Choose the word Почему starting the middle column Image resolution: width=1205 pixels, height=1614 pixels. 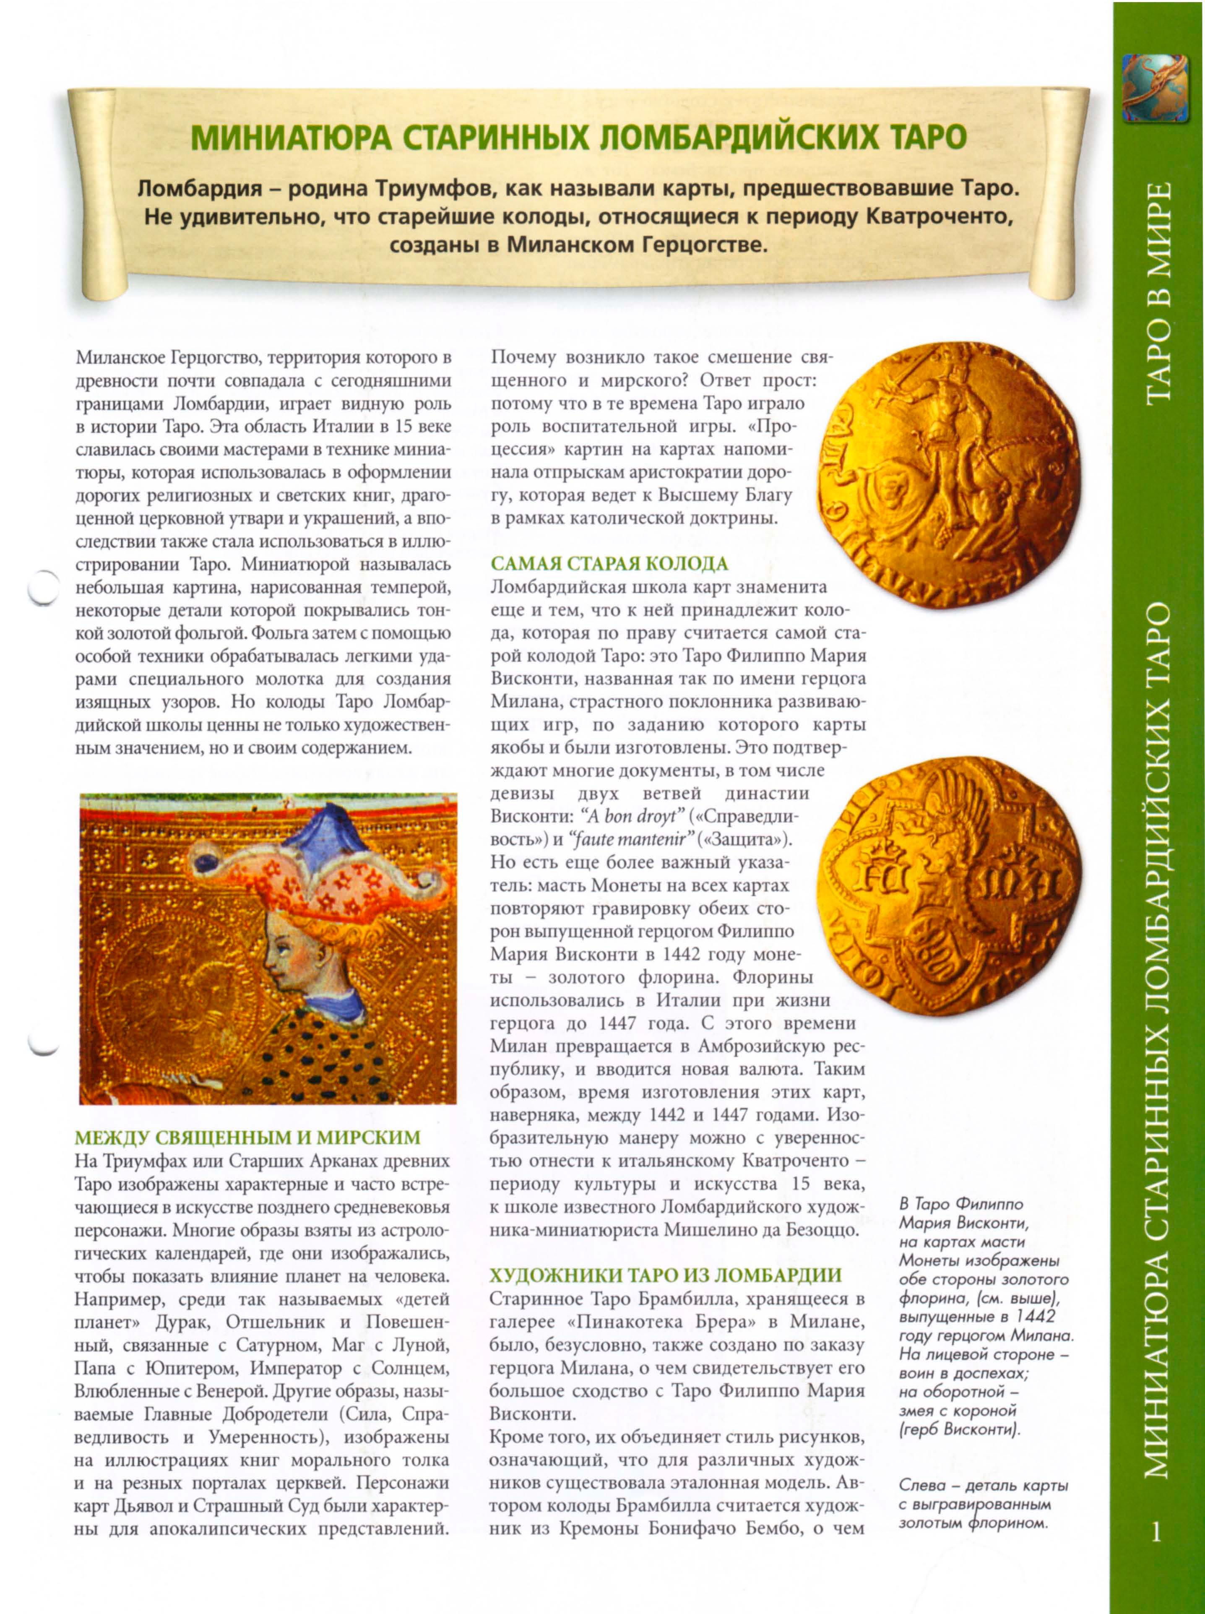pos(523,357)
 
